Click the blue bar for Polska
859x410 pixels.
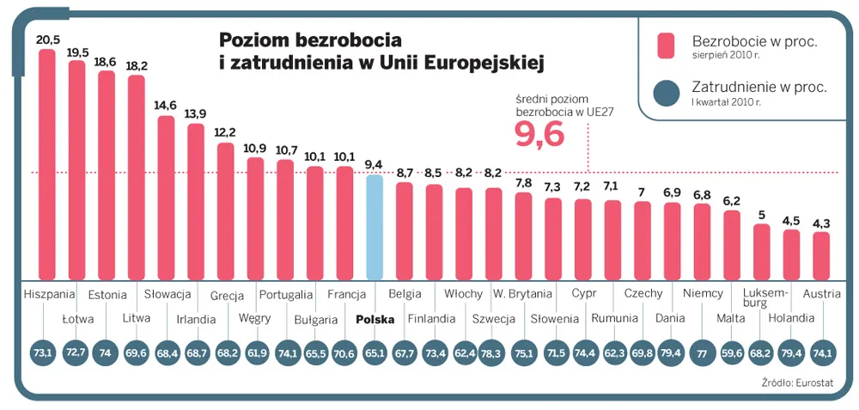click(375, 227)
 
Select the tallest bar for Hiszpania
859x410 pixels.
click(46, 163)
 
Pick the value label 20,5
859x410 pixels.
click(47, 39)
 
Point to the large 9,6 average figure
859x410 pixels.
click(539, 134)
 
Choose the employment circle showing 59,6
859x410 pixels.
click(732, 352)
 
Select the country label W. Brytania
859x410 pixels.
click(522, 294)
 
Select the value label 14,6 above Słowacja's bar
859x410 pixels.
click(166, 106)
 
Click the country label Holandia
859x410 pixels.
click(791, 318)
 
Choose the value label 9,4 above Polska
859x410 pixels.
click(375, 164)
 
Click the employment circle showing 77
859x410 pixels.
click(702, 352)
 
